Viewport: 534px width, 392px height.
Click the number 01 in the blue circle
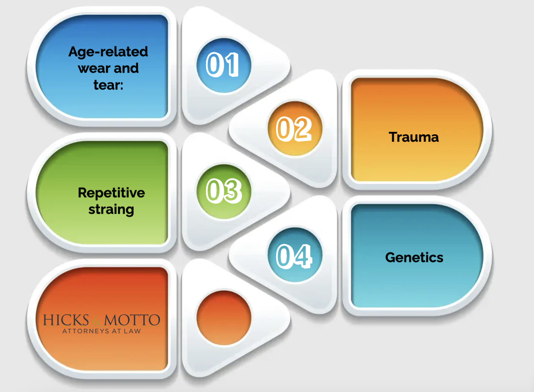(x=223, y=64)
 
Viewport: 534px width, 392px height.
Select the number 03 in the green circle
(x=224, y=191)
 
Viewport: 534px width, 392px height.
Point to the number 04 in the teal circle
(x=294, y=256)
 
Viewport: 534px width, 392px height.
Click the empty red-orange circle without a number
(x=224, y=318)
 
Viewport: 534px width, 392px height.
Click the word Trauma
(x=414, y=137)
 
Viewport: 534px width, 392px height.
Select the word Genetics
(x=414, y=258)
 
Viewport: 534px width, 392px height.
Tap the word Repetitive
(x=111, y=193)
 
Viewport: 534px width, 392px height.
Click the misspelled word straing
(x=111, y=210)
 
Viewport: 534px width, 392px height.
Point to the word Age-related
(x=108, y=52)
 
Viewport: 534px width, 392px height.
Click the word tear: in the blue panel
(x=108, y=85)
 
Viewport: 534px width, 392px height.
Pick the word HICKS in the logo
(x=66, y=320)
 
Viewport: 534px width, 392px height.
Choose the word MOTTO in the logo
(x=132, y=320)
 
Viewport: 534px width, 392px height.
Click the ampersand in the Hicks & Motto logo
(x=97, y=321)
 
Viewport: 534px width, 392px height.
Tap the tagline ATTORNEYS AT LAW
(x=102, y=331)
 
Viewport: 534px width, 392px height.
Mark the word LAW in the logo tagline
(x=132, y=331)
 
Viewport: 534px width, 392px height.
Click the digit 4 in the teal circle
(x=303, y=256)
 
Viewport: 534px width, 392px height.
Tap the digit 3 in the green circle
(x=233, y=191)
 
